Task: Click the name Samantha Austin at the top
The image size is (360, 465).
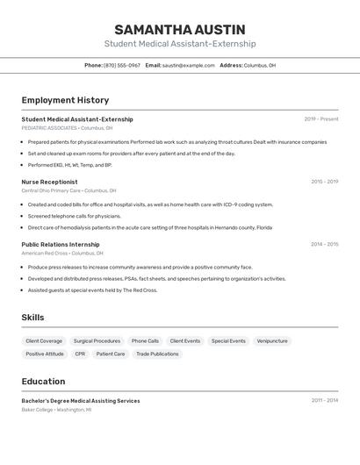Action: [180, 29]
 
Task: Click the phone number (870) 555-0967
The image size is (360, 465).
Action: [122, 66]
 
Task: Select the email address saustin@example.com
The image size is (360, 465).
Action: [188, 66]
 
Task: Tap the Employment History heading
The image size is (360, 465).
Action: [65, 100]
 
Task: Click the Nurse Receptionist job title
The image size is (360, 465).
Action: [49, 182]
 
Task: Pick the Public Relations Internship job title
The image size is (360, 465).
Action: [61, 245]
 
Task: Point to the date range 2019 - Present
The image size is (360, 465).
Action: [321, 119]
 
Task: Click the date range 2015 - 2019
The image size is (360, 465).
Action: [324, 182]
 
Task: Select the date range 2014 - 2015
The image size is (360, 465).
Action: [324, 245]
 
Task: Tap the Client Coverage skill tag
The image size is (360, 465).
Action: [44, 340]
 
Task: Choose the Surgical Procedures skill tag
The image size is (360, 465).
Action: [97, 340]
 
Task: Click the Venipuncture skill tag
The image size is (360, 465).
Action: [272, 340]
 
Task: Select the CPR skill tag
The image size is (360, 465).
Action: [80, 354]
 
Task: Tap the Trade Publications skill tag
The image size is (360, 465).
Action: [157, 354]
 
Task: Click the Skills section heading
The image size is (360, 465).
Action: [32, 318]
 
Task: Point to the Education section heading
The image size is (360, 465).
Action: [43, 382]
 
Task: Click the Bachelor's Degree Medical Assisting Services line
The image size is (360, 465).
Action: [81, 401]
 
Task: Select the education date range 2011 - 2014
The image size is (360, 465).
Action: [324, 401]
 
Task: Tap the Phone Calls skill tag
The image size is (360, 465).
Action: [145, 340]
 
